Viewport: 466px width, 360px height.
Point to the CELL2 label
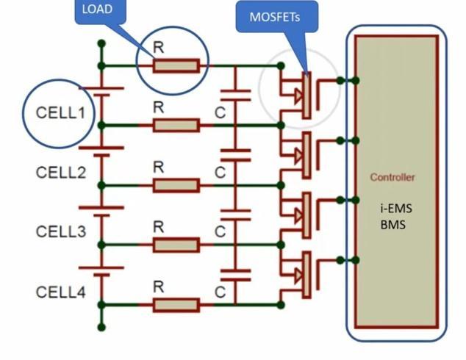click(61, 173)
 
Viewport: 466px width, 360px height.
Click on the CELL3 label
click(61, 231)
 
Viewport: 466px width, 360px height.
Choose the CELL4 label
click(61, 292)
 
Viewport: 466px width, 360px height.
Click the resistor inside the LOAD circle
click(176, 66)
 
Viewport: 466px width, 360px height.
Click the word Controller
click(392, 177)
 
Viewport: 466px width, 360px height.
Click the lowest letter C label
click(220, 292)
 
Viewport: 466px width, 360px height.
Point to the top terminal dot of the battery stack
click(101, 43)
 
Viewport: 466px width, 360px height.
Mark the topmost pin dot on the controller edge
click(356, 80)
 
